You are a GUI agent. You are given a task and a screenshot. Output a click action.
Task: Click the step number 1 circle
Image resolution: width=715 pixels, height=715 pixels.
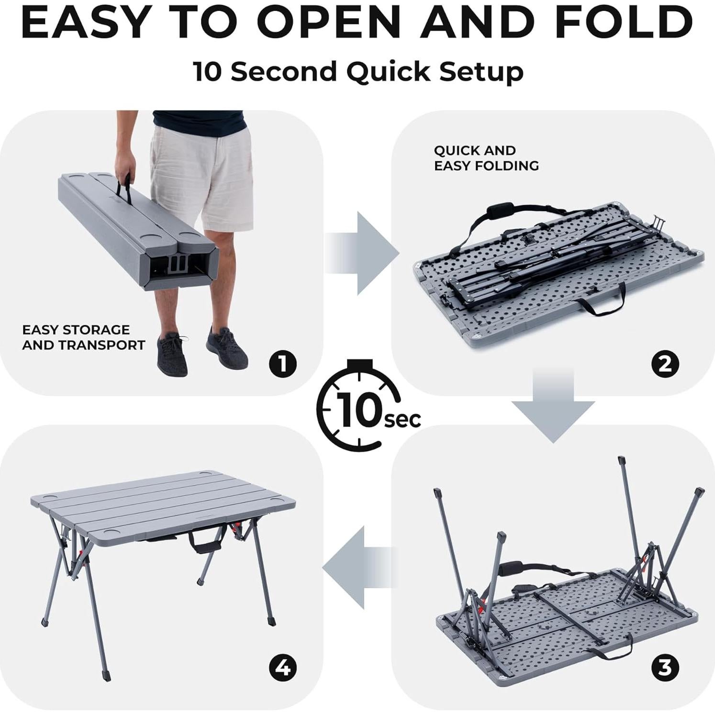(x=283, y=364)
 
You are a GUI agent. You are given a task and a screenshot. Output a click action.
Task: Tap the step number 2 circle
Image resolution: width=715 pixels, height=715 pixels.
(x=665, y=364)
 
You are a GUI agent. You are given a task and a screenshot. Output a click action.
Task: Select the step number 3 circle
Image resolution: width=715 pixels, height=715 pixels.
(x=665, y=667)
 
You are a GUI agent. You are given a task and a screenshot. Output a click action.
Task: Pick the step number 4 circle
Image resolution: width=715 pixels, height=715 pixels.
(x=283, y=667)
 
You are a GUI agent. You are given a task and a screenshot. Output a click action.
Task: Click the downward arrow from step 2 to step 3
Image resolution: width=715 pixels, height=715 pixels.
(x=553, y=405)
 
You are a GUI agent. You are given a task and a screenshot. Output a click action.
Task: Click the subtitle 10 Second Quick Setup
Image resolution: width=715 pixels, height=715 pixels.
(x=358, y=72)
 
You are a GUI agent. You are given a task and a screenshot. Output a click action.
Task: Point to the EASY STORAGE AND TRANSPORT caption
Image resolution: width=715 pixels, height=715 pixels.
(x=83, y=337)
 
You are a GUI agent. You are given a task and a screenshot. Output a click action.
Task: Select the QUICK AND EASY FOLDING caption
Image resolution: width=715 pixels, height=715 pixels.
(x=486, y=158)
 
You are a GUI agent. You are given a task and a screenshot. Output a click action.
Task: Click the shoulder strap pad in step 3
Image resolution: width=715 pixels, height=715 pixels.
(x=511, y=570)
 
